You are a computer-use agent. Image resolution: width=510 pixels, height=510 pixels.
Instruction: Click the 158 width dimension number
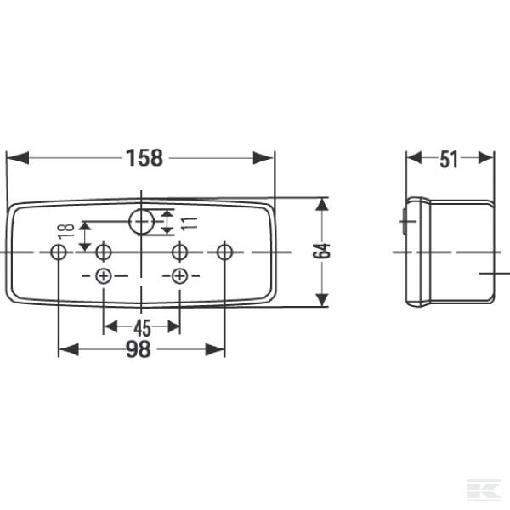[145, 158]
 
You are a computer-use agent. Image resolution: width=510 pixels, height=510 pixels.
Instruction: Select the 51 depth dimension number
[450, 158]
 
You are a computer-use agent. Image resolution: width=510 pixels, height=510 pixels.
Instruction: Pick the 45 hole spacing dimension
[142, 327]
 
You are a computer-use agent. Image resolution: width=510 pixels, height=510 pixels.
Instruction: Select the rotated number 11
[190, 223]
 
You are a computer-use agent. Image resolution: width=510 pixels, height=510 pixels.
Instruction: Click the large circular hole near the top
[142, 222]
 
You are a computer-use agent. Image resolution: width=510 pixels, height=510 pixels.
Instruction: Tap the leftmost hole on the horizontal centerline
[59, 252]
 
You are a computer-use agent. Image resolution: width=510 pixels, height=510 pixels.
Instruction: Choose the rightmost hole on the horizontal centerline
[224, 252]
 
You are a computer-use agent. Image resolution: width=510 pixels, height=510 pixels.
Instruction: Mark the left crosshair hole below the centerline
[104, 275]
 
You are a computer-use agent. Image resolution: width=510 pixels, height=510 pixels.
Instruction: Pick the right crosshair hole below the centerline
[179, 275]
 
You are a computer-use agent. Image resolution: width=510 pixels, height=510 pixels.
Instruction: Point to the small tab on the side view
[404, 224]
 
